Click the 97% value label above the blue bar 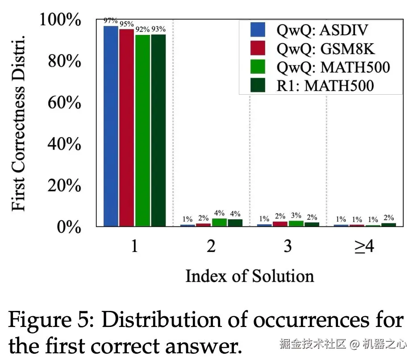[110, 21]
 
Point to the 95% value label [126, 24]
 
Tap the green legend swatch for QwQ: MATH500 [258, 67]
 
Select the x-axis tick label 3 [287, 246]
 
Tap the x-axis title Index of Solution [250, 276]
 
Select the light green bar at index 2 [219, 222]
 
